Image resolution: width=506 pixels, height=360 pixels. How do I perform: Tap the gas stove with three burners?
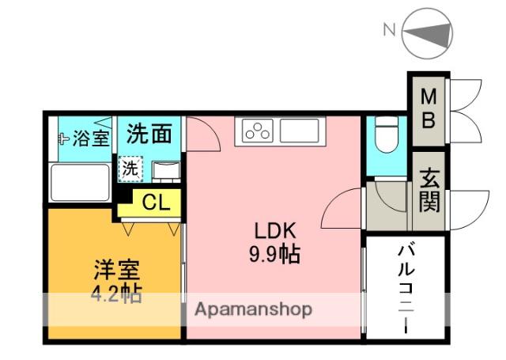pos(258,131)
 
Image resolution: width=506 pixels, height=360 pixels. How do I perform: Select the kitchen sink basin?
pos(300,131)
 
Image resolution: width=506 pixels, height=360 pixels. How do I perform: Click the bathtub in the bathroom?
pos(80,183)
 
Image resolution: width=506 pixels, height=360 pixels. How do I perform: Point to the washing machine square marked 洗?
pos(130,169)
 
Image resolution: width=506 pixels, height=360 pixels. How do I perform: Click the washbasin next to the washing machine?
pos(166,170)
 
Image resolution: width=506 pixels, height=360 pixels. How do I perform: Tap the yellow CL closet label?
pos(156,203)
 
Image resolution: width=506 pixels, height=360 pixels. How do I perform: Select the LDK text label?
pos(275,231)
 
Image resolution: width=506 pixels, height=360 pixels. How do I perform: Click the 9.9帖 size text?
pos(274,254)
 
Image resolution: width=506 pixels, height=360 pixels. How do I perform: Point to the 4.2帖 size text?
pos(116,294)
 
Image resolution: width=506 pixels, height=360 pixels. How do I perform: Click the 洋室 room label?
pos(117,270)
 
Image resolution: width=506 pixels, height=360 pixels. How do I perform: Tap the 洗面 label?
pos(149,134)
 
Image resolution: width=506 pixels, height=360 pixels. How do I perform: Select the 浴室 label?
pos(91,138)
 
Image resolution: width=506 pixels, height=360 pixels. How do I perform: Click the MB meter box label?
pos(429,109)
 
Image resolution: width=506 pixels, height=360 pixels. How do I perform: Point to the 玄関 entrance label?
pos(429,191)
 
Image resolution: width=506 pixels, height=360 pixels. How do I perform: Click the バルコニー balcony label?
pos(406,290)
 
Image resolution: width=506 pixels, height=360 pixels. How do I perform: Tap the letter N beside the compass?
pos(390,30)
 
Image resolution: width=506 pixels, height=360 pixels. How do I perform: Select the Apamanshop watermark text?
pos(253,310)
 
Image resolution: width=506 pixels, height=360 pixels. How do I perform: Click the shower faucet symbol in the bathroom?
pos(64,138)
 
